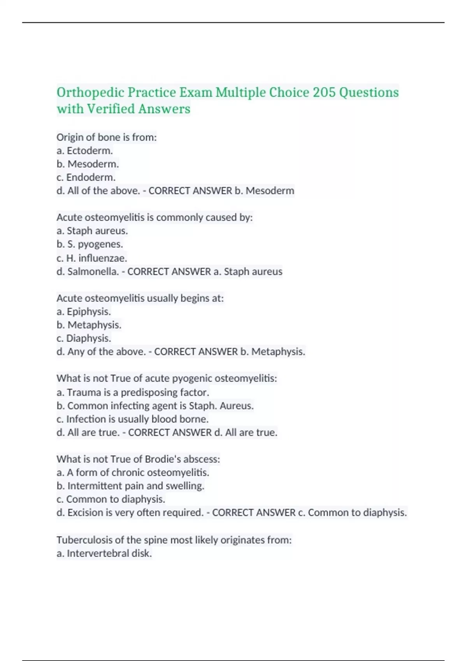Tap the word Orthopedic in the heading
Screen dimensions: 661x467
(90, 93)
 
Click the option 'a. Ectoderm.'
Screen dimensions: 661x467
(84, 150)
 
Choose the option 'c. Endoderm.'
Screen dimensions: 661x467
(86, 177)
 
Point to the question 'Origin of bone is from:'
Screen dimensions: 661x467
(106, 137)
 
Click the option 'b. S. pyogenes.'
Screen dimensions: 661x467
(90, 244)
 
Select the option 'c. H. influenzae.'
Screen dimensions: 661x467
(92, 258)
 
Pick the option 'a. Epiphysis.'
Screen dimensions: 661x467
(84, 311)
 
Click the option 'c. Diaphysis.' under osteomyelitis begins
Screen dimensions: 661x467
(84, 338)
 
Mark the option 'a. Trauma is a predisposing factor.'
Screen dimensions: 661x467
(133, 392)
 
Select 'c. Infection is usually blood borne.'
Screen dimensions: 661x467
(132, 419)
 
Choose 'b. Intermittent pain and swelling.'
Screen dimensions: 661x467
(130, 486)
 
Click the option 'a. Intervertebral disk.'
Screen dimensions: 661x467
(104, 553)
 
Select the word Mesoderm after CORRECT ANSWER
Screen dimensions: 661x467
(270, 191)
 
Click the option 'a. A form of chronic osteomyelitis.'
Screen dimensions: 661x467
(133, 472)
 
